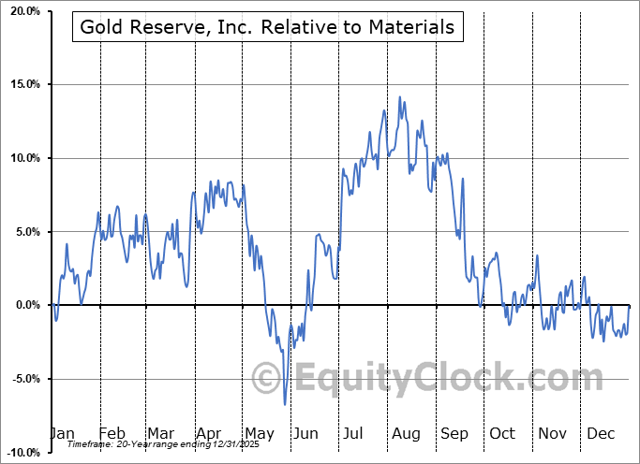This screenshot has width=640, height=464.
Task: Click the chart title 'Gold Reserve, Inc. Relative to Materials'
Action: coord(267,27)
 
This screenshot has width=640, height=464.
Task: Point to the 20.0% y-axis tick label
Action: coord(22,11)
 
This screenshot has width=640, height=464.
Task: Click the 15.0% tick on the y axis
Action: coord(22,85)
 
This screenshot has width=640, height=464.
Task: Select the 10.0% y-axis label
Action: coord(22,158)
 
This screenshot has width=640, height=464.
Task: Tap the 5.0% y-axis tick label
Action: coord(24,232)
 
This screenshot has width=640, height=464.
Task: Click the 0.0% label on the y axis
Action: coord(24,305)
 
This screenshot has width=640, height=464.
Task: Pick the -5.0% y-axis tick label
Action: coord(22,379)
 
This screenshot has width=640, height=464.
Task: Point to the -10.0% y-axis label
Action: coord(21,453)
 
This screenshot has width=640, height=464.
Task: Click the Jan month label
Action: coord(61,433)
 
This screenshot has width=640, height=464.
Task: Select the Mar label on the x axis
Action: coord(160,433)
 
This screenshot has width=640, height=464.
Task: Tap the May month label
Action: coord(259,433)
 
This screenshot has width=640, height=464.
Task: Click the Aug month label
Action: coord(406,433)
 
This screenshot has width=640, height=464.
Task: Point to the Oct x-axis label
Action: coord(502,433)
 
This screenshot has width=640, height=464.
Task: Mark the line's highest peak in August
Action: coord(400,96)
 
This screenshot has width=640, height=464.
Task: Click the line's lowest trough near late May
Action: coord(285,404)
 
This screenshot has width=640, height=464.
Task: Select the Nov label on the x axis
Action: coord(551,433)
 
